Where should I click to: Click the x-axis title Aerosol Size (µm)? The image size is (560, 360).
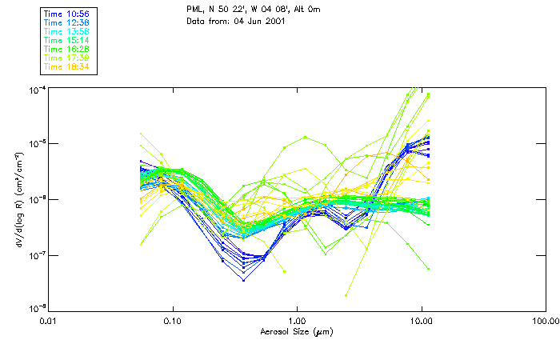pyautogui.click(x=297, y=331)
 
